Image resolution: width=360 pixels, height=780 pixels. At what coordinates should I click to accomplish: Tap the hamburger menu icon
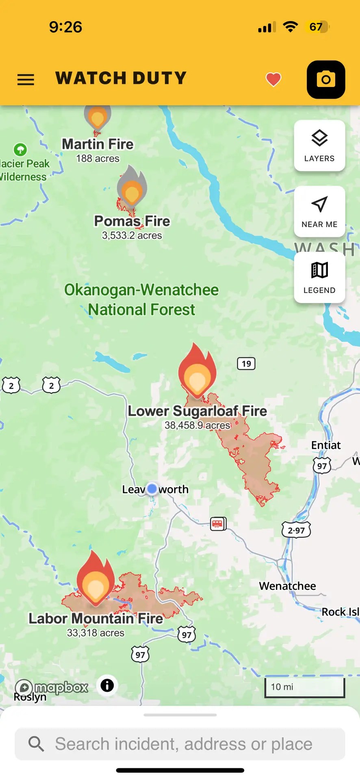pos(26,79)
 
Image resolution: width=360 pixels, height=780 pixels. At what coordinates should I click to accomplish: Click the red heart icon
pos(273,79)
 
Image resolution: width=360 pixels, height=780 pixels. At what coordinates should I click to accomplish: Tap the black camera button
pos(326,80)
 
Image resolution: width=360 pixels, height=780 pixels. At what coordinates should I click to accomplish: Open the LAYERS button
pos(319,145)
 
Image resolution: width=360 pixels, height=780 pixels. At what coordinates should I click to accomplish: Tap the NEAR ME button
pos(319,212)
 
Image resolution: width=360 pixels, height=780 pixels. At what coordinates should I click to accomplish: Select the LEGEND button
pos(319,277)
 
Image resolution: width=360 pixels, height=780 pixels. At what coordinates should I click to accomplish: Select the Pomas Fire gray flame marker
pos(132,188)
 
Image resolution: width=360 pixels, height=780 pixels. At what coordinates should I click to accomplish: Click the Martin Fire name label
pos(98,144)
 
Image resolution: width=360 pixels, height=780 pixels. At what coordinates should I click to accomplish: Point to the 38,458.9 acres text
pos(197,425)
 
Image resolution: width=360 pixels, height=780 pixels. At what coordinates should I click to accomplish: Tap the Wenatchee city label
pos(287,586)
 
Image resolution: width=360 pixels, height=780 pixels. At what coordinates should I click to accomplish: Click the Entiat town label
pos(326,445)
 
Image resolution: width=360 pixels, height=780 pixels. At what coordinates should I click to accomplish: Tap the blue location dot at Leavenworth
pos(152,488)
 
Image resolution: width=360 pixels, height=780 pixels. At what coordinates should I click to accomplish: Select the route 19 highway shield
pos(246,364)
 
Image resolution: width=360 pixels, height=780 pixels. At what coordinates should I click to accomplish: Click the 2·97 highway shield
pos(296,530)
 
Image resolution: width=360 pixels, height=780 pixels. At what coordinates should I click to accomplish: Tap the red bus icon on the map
pos(218,524)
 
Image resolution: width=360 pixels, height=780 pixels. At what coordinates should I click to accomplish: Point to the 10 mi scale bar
pos(304,687)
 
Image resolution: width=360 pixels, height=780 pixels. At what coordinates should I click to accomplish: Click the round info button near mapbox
pos(107,685)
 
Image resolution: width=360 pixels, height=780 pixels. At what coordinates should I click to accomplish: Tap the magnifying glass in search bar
pos(36,744)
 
